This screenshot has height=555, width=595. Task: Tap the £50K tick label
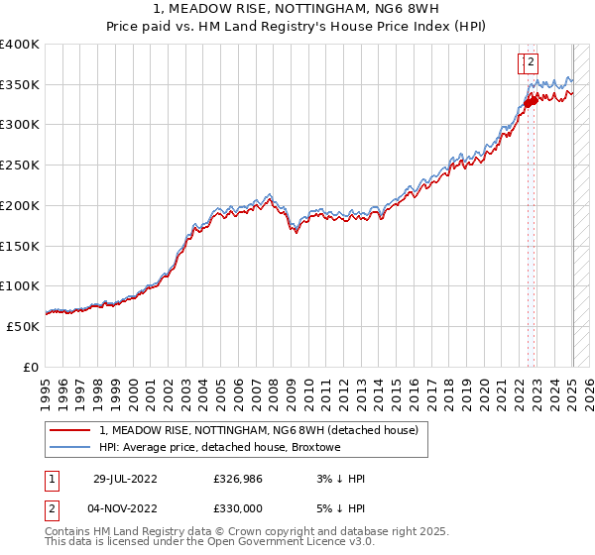coord(23,326)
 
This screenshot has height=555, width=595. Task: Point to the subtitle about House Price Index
coord(297,29)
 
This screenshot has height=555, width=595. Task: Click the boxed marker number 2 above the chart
coord(531,62)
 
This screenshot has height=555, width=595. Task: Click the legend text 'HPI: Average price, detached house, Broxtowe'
coord(219,448)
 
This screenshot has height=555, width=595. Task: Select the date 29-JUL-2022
coord(125,479)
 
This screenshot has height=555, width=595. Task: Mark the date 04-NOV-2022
coord(125,508)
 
